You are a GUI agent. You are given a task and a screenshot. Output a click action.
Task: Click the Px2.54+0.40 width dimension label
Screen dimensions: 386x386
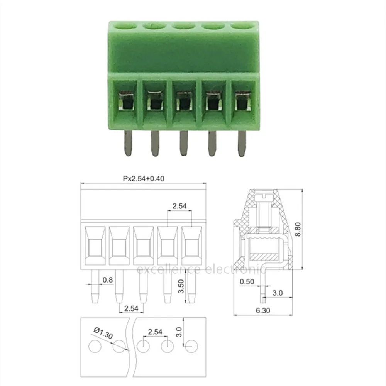(x=144, y=178)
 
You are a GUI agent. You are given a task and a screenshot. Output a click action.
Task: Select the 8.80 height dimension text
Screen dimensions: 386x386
(x=298, y=229)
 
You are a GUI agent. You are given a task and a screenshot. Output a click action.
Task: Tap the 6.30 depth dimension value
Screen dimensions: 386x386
(x=263, y=310)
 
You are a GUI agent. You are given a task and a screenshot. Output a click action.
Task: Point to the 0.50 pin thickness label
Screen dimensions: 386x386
(x=247, y=282)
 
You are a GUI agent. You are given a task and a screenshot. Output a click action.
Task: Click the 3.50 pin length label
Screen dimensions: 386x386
(x=181, y=286)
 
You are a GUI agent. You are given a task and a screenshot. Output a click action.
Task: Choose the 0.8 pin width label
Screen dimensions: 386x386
(x=108, y=280)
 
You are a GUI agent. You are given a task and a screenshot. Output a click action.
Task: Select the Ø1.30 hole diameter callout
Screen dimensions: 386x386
(x=103, y=333)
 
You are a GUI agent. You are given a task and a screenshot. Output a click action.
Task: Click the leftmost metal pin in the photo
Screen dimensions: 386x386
(x=128, y=143)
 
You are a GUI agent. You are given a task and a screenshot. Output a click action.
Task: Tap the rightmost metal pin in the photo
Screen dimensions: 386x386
(x=242, y=143)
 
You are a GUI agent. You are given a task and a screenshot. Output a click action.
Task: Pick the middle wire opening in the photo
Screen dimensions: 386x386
(x=184, y=101)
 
